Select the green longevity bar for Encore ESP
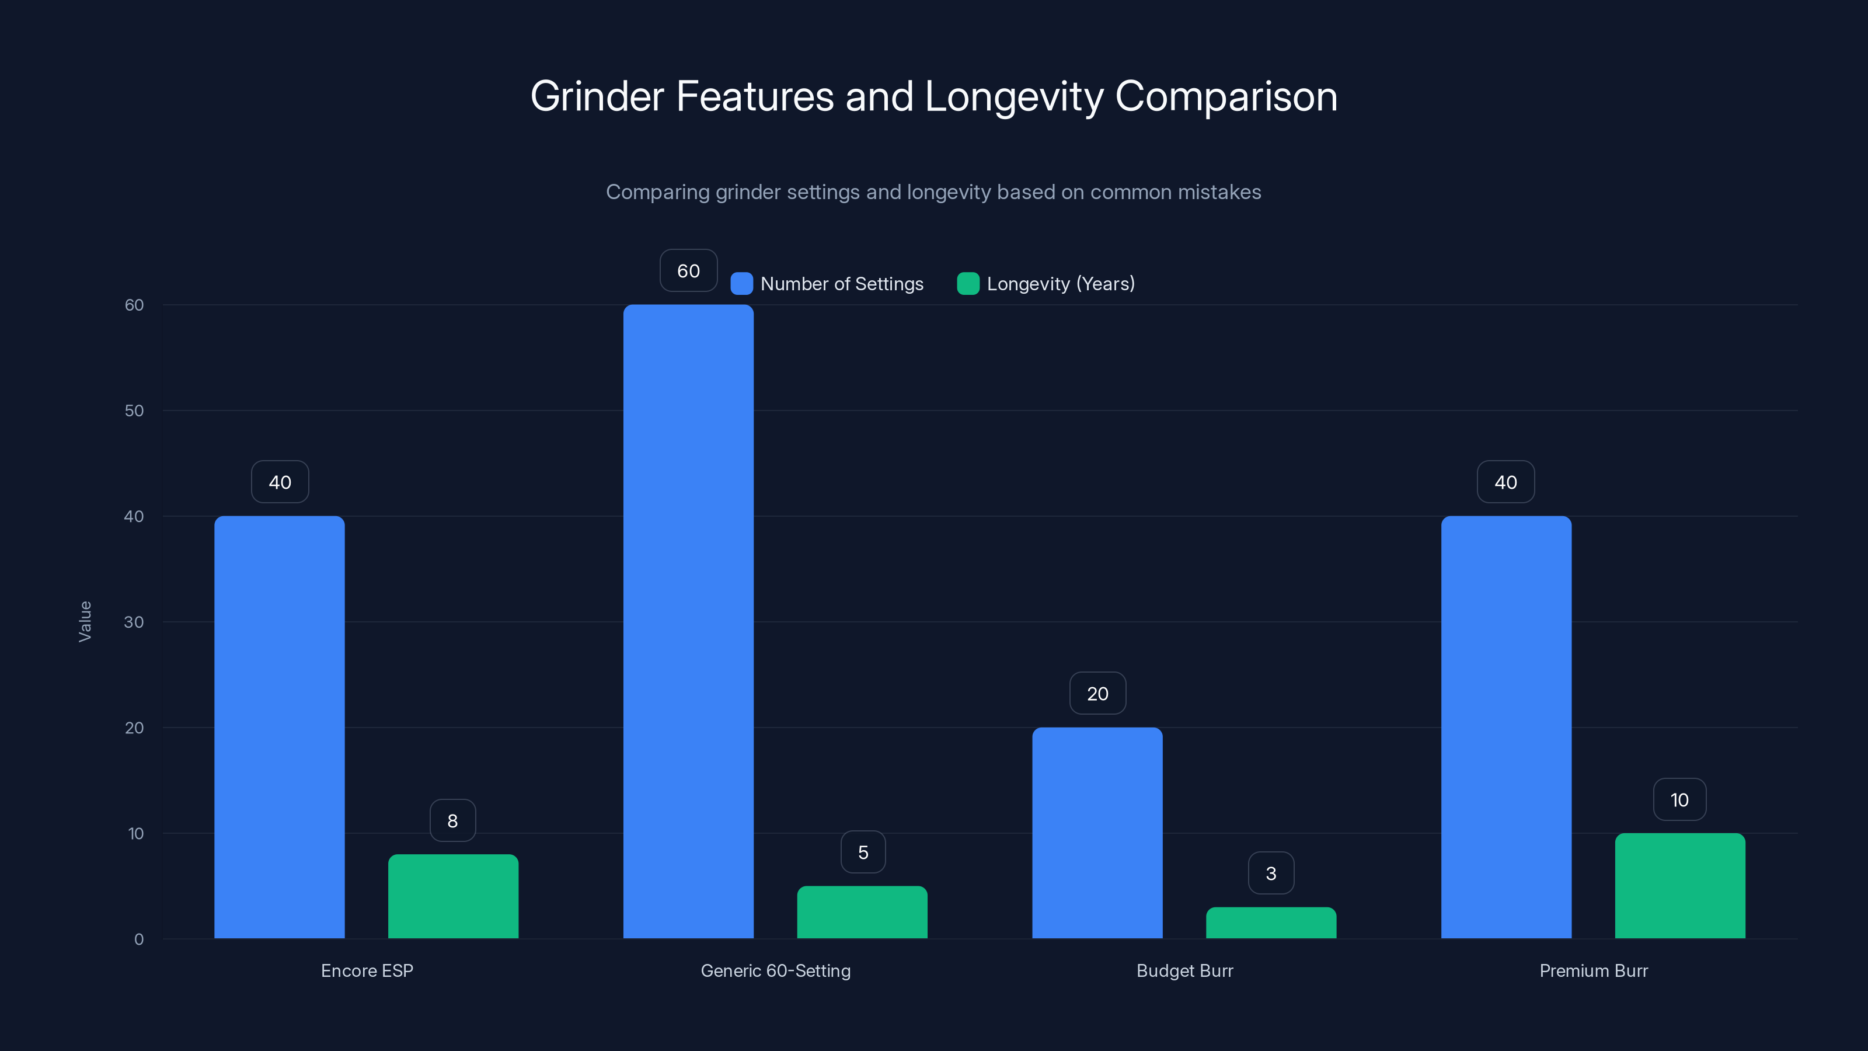coord(453,896)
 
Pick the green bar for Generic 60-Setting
coord(862,913)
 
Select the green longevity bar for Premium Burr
coord(1679,886)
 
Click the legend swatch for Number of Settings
coord(741,284)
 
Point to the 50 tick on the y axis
coord(134,410)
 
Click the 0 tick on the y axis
coord(138,939)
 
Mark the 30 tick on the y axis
coord(134,622)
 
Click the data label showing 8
coord(452,821)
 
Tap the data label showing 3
coord(1270,873)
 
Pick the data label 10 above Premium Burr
coord(1679,800)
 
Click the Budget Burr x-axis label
coord(1184,970)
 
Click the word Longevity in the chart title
coord(1014,96)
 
